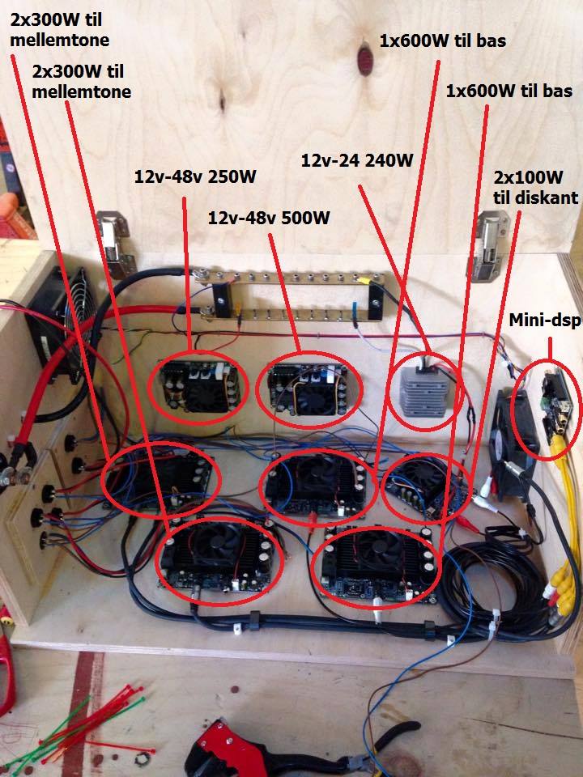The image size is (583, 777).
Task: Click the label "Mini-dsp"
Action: pyautogui.click(x=543, y=322)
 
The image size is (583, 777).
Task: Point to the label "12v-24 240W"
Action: pyautogui.click(x=357, y=160)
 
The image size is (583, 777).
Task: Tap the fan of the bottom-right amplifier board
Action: pyautogui.click(x=374, y=558)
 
